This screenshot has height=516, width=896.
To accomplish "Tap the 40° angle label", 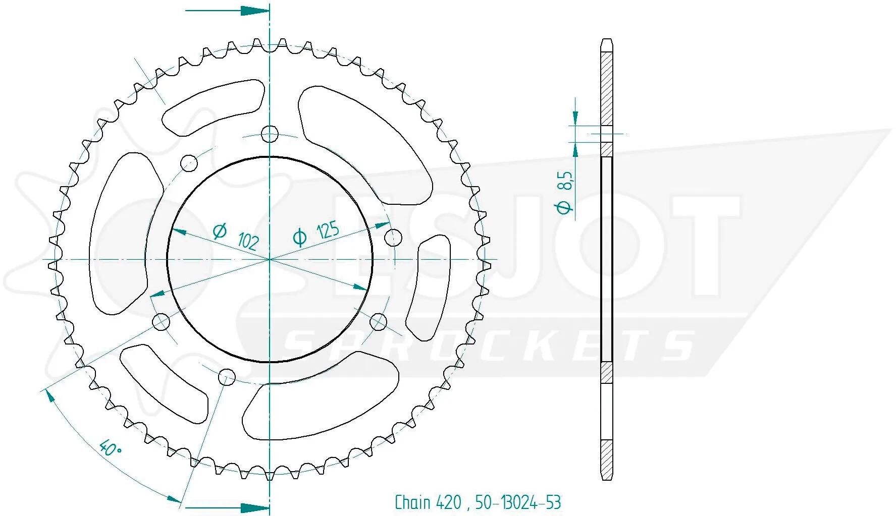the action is tap(110, 447).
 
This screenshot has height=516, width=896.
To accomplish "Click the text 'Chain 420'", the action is tap(428, 502).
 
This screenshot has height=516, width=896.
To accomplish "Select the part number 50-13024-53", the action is tap(518, 502).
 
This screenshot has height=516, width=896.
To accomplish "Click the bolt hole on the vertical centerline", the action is tap(270, 134).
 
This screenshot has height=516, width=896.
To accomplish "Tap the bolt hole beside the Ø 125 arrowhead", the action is tap(393, 237).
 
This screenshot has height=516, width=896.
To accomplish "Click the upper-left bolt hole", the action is tap(189, 162).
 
